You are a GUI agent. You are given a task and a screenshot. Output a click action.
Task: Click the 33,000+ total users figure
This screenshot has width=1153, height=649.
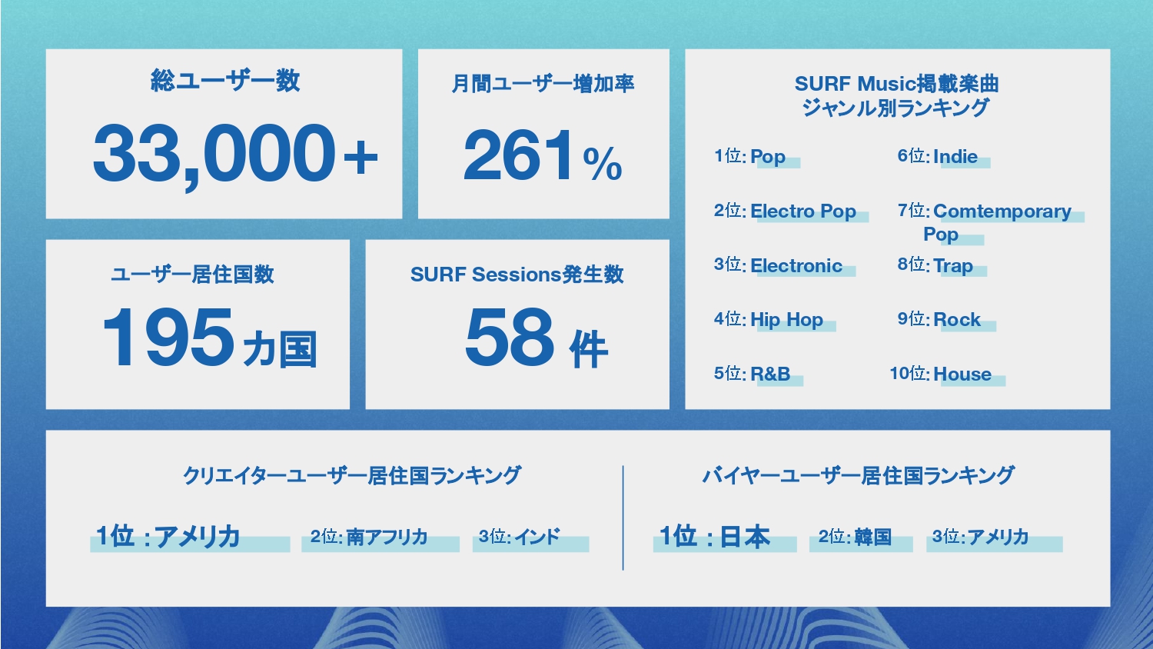pos(235,155)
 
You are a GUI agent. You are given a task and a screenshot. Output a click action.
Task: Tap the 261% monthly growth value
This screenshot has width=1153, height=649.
pos(543,155)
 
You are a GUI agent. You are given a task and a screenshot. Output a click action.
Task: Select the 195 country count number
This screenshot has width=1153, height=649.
pos(168,338)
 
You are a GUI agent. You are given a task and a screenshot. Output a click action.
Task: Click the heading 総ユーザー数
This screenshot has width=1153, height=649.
pos(225,81)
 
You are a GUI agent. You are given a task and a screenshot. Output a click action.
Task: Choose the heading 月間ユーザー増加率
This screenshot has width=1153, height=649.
pos(543,84)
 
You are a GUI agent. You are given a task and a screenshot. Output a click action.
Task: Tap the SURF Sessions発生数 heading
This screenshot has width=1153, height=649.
pos(517,275)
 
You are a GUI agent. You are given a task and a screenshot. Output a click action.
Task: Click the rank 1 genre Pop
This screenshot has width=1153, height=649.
pos(767,157)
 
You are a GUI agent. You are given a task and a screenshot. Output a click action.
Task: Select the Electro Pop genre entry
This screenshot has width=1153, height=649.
pos(803,211)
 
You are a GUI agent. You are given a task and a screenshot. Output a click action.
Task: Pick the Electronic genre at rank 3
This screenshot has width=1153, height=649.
pos(796,266)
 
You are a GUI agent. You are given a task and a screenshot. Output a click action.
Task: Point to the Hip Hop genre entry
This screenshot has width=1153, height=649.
pos(786,320)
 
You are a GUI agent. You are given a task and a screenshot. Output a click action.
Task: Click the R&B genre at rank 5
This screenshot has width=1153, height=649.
pos(770,374)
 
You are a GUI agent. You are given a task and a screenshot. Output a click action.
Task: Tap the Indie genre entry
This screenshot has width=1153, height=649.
pos(955,157)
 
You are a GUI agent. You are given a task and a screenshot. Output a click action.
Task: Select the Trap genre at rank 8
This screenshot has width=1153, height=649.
pos(953,266)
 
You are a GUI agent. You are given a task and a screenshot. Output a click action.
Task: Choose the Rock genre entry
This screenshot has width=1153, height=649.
pos(957,320)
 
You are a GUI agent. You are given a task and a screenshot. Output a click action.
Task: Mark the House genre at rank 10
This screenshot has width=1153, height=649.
pos(962,374)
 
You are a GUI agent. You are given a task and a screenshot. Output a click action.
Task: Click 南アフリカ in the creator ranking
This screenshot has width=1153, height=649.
pos(387,537)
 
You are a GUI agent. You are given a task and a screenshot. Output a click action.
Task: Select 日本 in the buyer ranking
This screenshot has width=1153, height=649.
pos(745,536)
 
